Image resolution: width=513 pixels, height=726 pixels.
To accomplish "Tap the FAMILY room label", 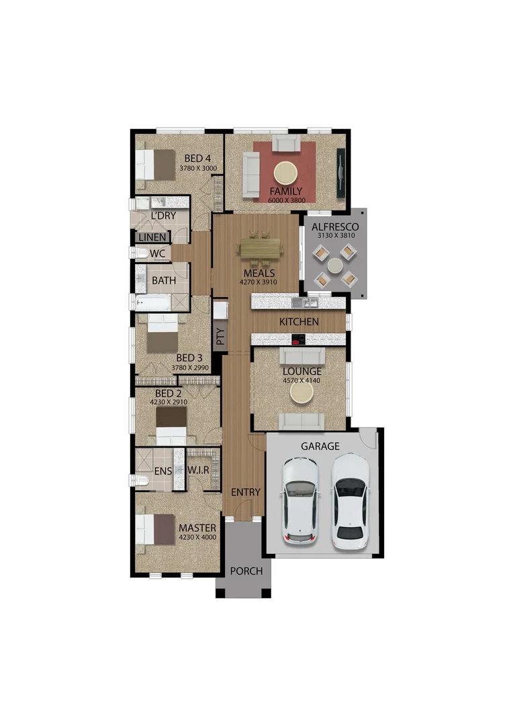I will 285,191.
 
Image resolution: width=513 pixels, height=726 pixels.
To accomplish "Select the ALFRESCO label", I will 335,227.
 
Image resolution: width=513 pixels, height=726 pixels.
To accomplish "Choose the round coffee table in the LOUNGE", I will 301,395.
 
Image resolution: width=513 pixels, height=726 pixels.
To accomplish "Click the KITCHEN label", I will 299,322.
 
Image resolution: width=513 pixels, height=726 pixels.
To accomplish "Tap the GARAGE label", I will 320,446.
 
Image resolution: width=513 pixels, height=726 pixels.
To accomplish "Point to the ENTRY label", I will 245,492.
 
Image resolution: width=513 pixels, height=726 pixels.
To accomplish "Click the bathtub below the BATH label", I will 153,303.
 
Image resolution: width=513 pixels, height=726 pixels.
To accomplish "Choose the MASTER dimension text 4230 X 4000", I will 197,536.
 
